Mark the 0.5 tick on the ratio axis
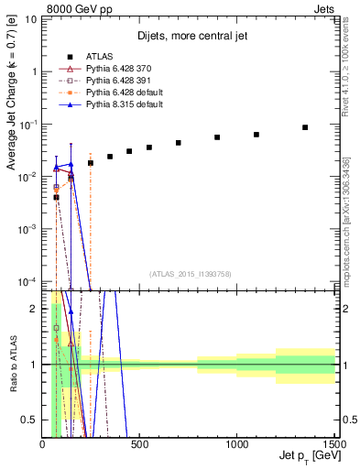point(35,420)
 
